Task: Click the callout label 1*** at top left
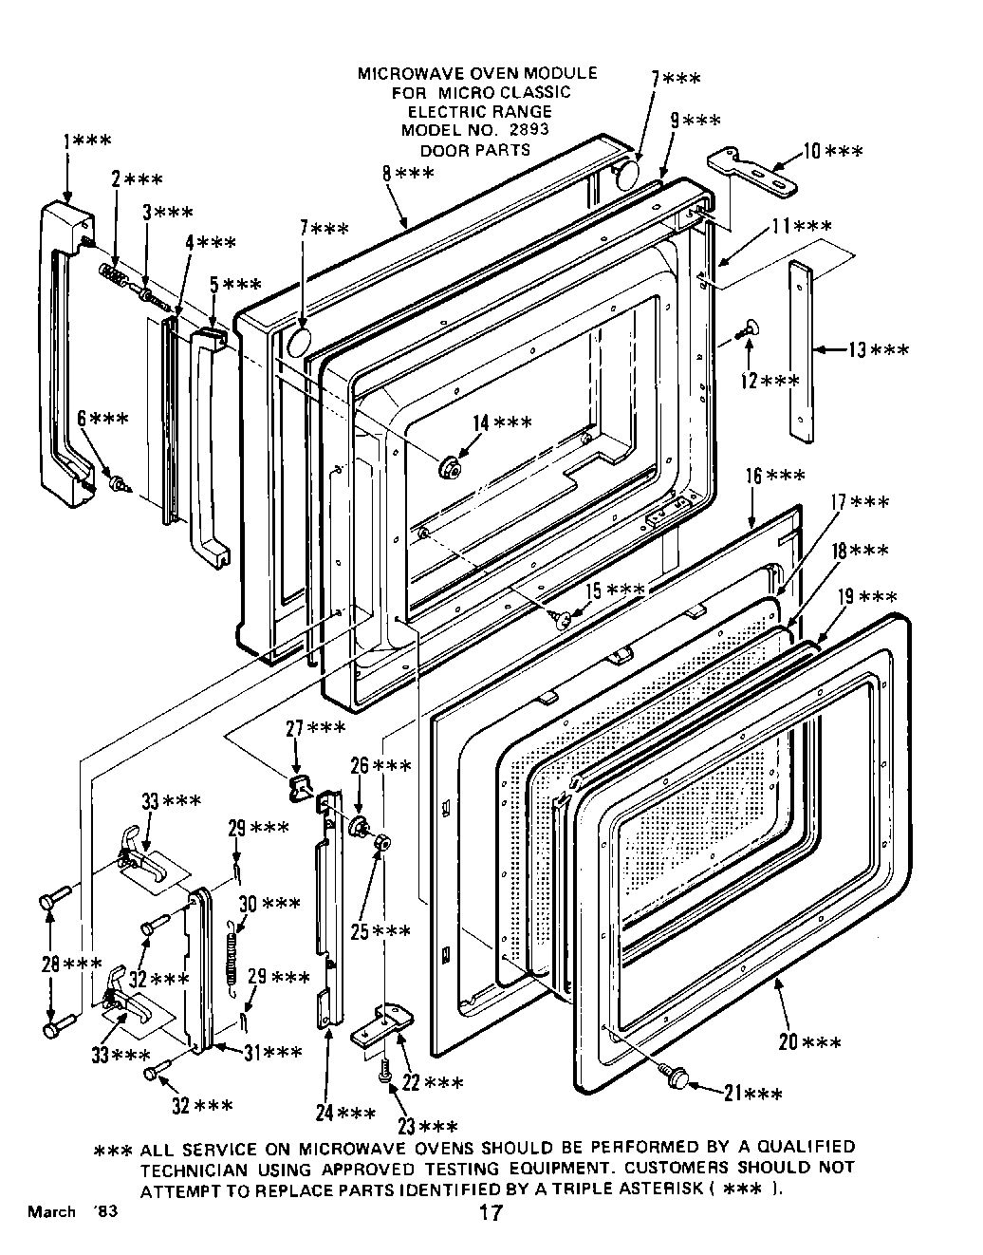point(86,140)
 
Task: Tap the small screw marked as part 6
point(120,483)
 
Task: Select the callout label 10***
point(832,152)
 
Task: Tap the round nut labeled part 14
point(449,466)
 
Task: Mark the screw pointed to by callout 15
point(564,619)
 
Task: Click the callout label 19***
point(866,597)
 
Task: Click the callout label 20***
point(809,1042)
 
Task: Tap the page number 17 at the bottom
point(491,1212)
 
